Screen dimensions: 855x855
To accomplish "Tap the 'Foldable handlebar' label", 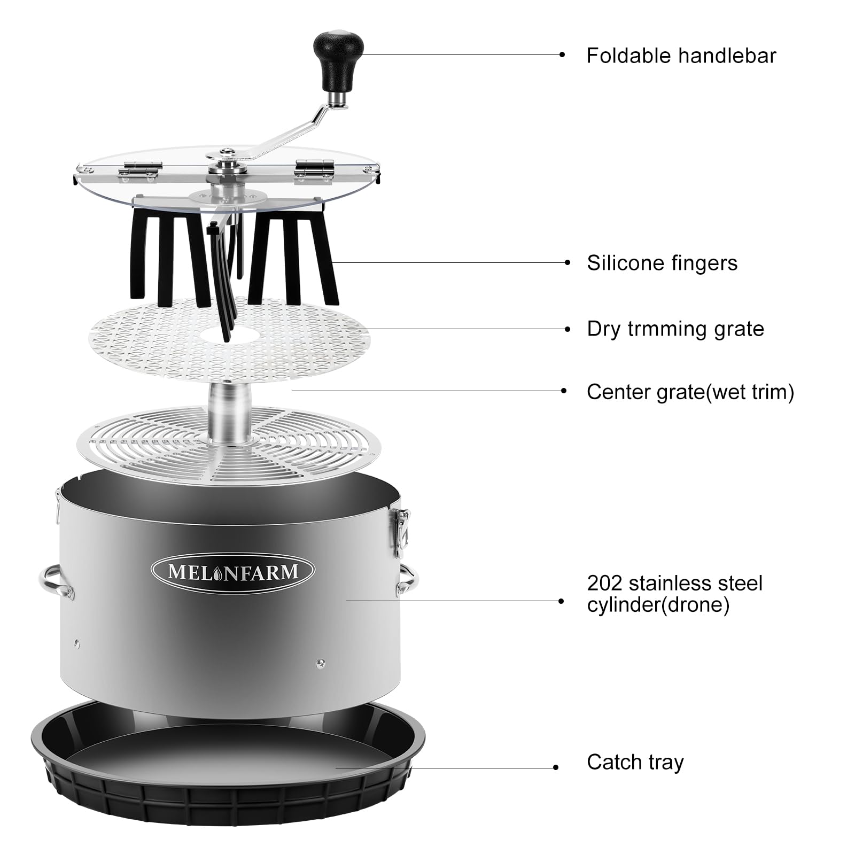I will [681, 56].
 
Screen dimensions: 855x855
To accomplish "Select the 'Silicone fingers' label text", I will [662, 263].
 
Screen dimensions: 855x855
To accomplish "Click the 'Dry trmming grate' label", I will [675, 329].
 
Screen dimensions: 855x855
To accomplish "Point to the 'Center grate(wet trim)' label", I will [690, 392].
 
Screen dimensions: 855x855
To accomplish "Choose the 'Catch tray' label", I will [635, 762].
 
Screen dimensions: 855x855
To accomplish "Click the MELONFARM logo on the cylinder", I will [232, 572].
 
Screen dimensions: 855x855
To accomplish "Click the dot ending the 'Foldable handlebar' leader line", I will [562, 55].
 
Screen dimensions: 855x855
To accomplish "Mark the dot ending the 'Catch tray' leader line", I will [556, 767].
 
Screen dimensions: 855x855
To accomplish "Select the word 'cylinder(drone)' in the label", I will [658, 605].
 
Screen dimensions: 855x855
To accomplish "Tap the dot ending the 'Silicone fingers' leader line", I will [568, 262].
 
